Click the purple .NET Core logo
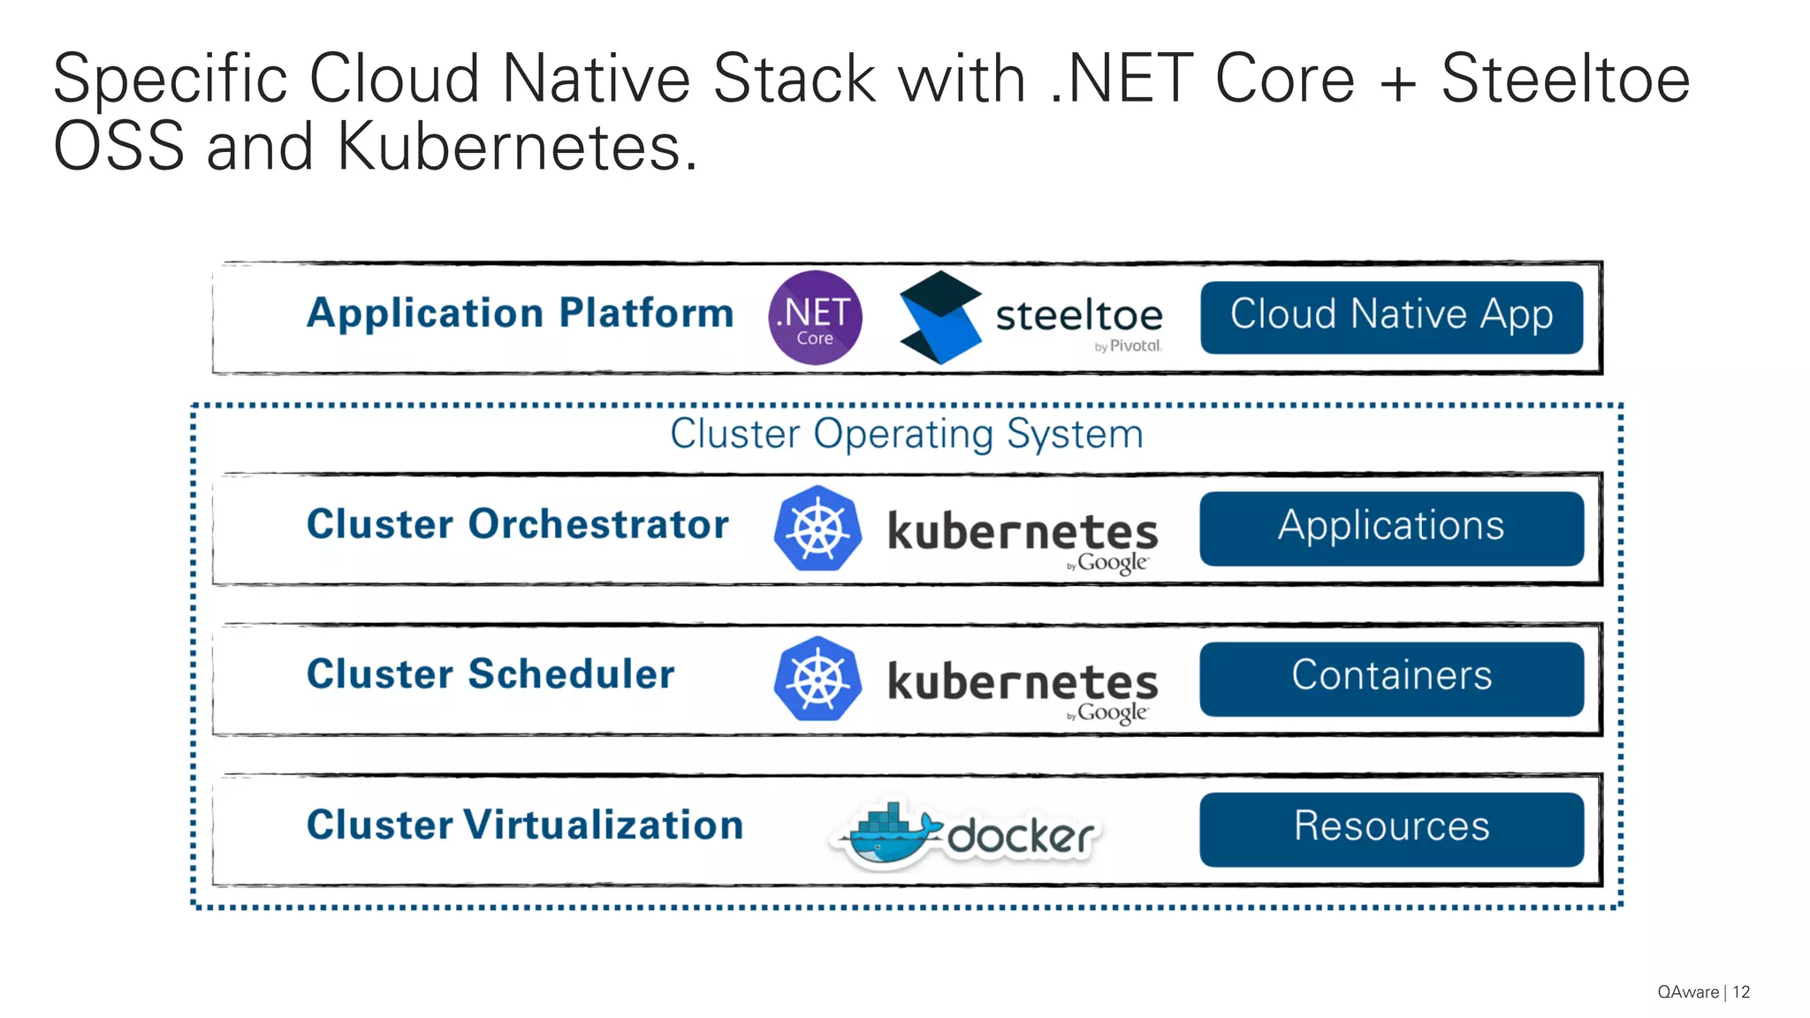point(815,318)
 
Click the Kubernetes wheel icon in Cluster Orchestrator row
point(818,528)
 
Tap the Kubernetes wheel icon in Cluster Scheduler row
point(818,679)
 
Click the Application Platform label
point(520,314)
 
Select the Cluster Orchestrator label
point(517,524)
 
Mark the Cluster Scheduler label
point(491,674)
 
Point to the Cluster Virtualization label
point(524,825)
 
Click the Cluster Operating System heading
point(906,434)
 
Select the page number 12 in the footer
point(1741,992)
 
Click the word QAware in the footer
point(1688,992)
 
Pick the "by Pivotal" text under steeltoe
point(1128,346)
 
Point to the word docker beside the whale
point(1021,836)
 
